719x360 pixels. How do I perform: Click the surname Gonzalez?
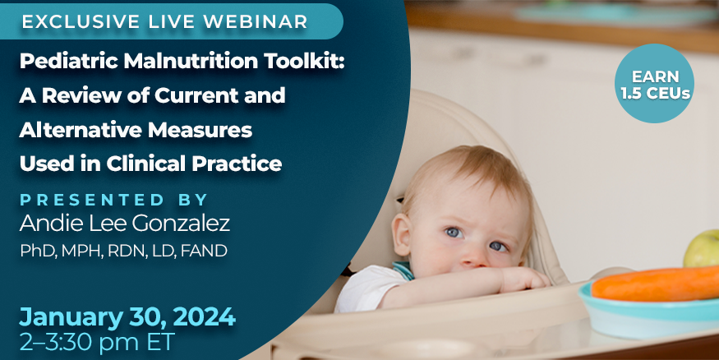(181, 224)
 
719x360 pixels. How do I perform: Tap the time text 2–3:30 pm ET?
(96, 342)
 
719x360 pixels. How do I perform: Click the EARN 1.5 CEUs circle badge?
(654, 83)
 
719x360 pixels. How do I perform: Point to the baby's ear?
(402, 234)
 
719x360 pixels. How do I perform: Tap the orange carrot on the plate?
(655, 284)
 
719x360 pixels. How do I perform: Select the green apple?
(703, 248)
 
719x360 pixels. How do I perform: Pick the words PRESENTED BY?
(113, 200)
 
